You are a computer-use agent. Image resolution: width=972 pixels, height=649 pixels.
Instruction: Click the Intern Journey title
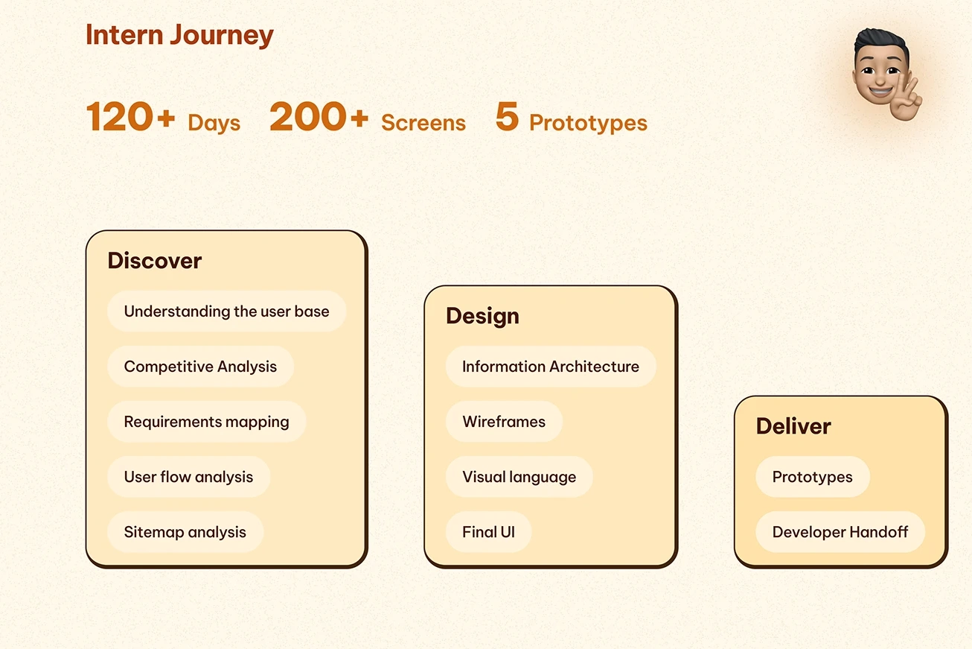click(179, 35)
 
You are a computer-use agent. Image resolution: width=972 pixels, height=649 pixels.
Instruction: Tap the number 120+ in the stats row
click(130, 116)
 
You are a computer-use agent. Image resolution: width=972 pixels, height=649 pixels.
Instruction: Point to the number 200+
click(319, 116)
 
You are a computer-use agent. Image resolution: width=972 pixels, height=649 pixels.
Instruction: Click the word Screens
click(423, 122)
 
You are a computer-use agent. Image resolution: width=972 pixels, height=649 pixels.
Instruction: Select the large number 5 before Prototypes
click(507, 116)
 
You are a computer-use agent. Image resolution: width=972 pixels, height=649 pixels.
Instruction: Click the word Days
click(214, 122)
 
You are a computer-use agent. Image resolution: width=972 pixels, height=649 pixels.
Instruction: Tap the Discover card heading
click(155, 261)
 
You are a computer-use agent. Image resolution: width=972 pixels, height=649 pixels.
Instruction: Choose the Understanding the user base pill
click(226, 311)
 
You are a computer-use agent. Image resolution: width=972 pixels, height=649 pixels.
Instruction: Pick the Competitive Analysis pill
click(200, 367)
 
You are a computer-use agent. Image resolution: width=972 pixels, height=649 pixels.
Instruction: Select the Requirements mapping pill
click(207, 422)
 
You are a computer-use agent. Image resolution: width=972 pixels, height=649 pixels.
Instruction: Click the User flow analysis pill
click(189, 477)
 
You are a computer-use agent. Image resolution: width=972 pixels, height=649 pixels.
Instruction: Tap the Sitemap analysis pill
click(185, 532)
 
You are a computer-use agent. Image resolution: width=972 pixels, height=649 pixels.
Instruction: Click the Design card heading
click(482, 316)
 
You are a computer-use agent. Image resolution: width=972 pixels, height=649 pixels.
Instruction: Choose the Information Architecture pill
click(551, 367)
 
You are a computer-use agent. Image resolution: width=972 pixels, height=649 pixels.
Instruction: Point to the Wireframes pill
click(504, 422)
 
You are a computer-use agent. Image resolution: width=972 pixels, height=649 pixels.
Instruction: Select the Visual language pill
click(519, 477)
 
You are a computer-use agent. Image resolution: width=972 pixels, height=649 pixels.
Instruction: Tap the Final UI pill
click(488, 532)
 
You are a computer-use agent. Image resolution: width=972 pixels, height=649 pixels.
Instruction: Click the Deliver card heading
click(793, 426)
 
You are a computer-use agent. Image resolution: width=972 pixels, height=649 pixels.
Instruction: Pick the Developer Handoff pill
click(840, 532)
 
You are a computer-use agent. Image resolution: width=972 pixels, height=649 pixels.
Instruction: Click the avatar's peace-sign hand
click(906, 99)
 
